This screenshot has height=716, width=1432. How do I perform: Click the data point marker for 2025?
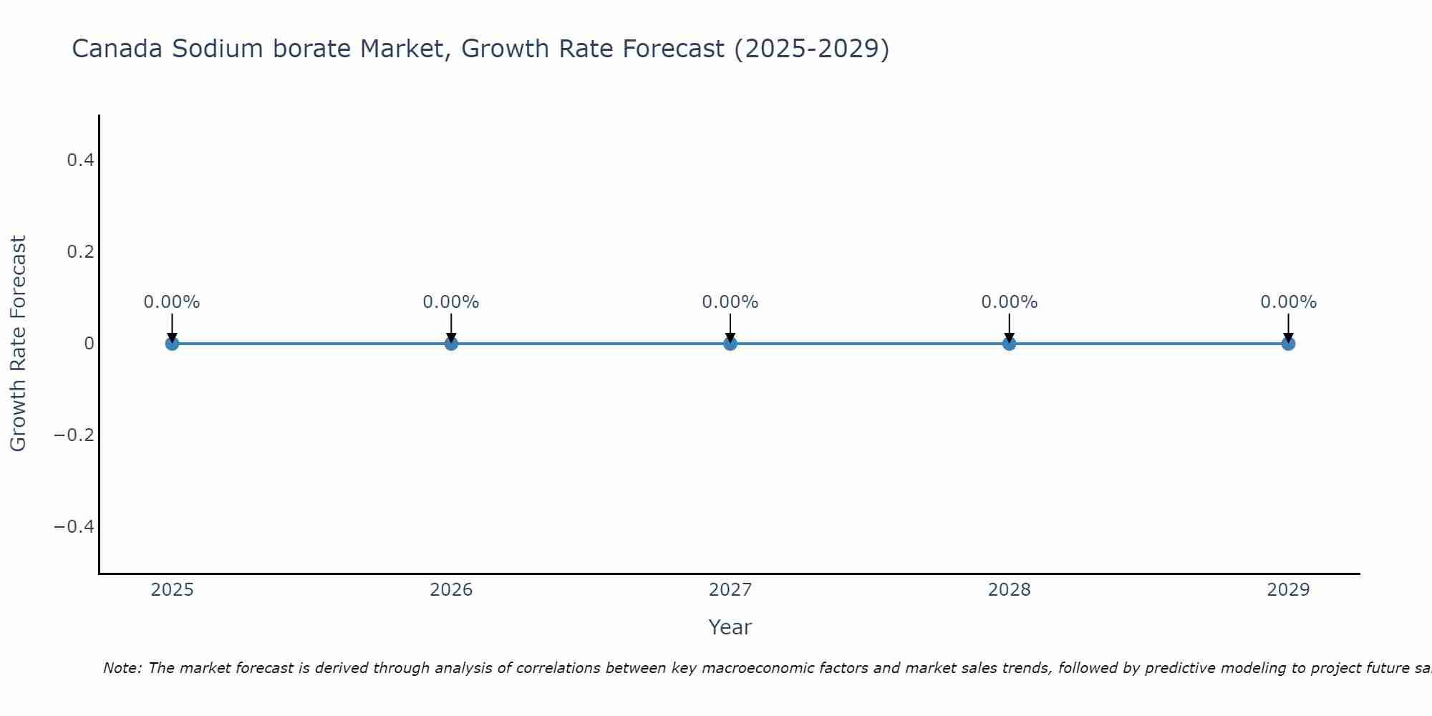172,344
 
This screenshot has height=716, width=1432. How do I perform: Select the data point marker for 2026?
451,344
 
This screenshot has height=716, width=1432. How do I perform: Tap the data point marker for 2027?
730,344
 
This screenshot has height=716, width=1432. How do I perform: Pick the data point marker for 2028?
1009,344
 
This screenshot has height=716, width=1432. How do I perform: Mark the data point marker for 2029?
1288,344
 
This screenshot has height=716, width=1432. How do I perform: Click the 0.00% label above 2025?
172,302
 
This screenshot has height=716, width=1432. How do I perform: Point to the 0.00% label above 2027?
730,302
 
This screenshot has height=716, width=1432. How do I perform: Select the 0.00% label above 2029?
1288,302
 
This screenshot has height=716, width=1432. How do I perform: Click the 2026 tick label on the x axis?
451,590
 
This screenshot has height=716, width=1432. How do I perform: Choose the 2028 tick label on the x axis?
1009,590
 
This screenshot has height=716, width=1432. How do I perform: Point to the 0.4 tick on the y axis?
81,160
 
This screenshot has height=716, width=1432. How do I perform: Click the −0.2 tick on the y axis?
74,435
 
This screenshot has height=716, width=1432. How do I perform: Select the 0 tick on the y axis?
89,344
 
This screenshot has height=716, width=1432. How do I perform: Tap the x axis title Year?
730,627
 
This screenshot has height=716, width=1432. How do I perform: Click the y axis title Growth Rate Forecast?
18,344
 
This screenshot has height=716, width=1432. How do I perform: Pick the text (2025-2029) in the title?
811,49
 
